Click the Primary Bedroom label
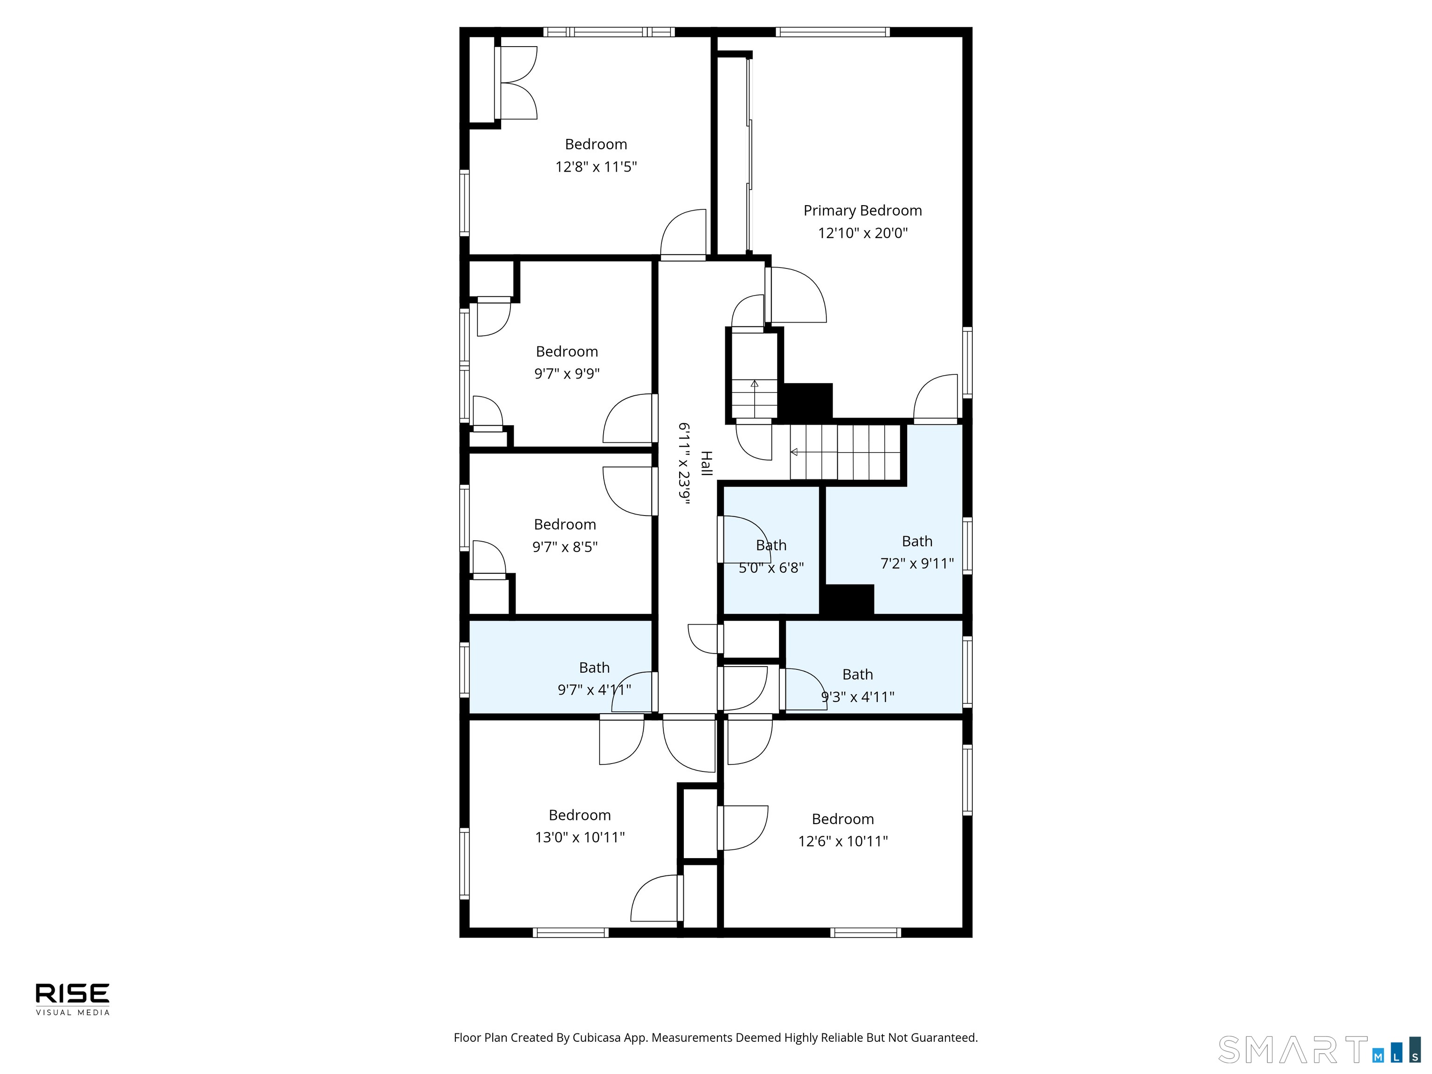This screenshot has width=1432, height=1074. point(862,210)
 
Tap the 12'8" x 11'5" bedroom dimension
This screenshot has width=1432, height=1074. point(596,166)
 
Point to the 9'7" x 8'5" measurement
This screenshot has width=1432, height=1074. point(565,546)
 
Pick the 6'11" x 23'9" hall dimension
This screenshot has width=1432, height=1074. point(684,462)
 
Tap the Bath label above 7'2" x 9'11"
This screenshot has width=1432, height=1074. point(917,541)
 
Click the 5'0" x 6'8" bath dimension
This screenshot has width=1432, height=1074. point(771,568)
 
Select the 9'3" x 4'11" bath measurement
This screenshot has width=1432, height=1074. point(857,696)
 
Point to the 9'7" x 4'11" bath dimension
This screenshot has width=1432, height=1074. point(594,689)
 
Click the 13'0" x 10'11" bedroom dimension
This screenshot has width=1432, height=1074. point(579,837)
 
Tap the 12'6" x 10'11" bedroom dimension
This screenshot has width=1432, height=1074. point(842,841)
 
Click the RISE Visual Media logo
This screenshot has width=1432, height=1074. point(73,999)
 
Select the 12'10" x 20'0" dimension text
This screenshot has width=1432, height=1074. point(862,233)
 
